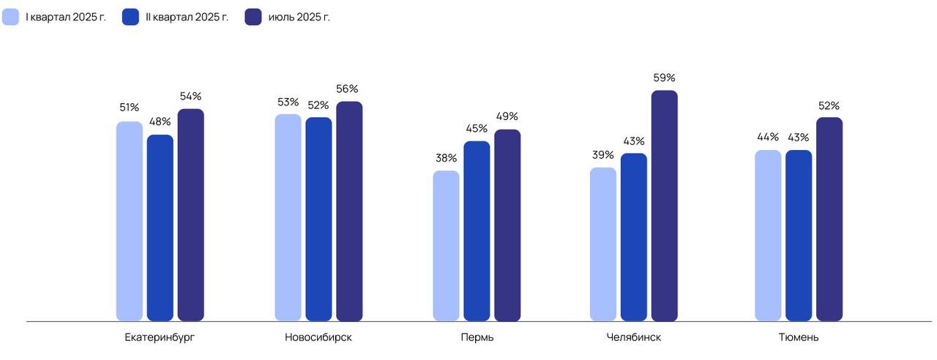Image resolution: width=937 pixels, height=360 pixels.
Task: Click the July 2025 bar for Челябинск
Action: [x=664, y=206]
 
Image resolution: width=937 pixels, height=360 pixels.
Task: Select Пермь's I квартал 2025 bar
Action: [x=446, y=246]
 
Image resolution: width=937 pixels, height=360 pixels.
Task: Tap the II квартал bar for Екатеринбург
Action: [x=160, y=228]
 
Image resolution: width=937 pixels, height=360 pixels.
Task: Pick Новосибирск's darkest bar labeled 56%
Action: [x=349, y=211]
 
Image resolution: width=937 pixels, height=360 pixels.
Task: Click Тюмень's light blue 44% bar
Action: [x=768, y=236]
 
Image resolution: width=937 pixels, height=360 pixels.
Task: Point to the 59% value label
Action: [x=664, y=78]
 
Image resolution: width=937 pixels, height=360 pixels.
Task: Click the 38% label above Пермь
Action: [x=446, y=158]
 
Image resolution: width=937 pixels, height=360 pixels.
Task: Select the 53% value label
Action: [x=288, y=102]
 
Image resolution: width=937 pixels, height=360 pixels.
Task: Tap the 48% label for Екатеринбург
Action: [x=160, y=121]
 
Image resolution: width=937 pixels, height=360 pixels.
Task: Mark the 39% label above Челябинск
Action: [x=603, y=154]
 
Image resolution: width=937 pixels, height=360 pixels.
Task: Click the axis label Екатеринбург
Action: [x=160, y=337]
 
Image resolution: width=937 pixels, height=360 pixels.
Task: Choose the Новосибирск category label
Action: [x=318, y=337]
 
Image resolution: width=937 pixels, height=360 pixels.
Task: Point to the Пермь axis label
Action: [x=477, y=337]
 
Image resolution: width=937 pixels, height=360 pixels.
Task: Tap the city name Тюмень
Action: [x=799, y=337]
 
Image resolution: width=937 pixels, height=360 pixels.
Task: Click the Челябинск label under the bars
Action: [x=634, y=337]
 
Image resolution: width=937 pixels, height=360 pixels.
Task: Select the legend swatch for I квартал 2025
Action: [x=10, y=17]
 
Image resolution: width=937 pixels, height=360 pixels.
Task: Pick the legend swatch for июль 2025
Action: [x=253, y=17]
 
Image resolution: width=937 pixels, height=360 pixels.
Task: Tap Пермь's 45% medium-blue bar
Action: [x=477, y=231]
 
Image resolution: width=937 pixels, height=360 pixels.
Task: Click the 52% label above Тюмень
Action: [x=829, y=105]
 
